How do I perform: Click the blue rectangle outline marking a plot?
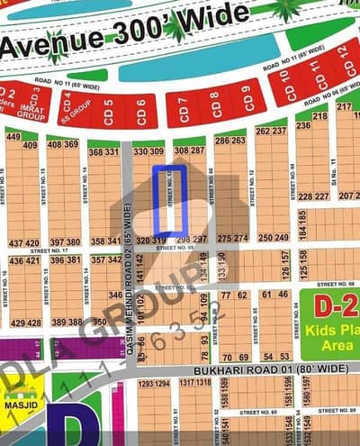170,200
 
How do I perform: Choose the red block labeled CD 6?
140,112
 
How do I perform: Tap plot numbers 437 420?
23,243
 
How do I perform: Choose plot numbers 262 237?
271,130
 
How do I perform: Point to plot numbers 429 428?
25,323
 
